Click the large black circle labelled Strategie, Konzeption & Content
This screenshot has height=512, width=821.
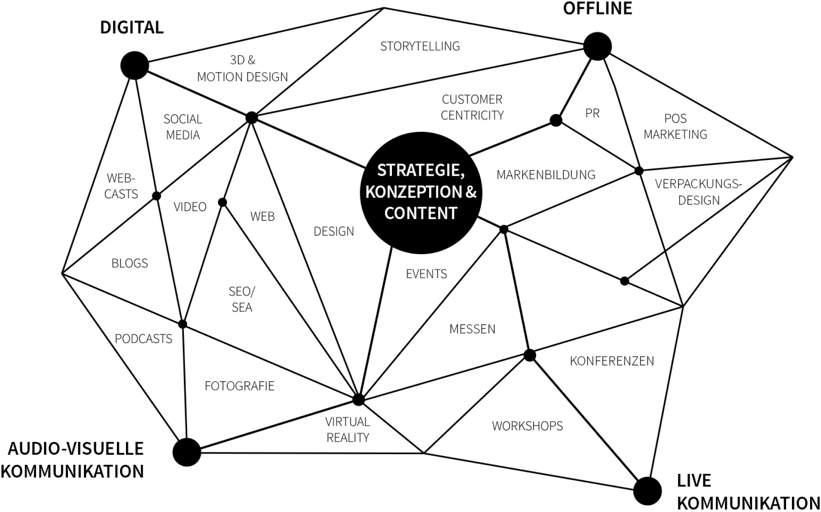[420, 192]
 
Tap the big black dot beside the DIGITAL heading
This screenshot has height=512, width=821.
[135, 65]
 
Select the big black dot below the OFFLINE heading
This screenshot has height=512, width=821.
[597, 46]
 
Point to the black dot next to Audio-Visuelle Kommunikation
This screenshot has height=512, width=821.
[187, 452]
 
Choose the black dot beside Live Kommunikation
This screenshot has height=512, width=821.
[647, 491]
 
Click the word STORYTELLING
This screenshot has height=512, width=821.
[420, 46]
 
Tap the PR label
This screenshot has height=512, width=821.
[592, 113]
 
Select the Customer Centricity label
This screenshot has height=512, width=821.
[472, 107]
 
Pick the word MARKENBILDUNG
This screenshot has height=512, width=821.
[546, 175]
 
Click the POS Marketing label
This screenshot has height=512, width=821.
[675, 126]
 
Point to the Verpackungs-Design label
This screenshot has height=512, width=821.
[698, 192]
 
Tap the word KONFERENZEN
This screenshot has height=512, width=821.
[612, 361]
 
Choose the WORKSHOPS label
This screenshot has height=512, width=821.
[527, 426]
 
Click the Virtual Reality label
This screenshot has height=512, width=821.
[348, 430]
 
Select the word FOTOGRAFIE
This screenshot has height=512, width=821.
[239, 386]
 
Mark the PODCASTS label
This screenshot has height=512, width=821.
[143, 339]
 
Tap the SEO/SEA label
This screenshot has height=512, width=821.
[241, 299]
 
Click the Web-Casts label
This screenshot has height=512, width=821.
[121, 186]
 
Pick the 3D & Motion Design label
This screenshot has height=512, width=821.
[242, 68]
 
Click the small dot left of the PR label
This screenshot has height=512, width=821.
[556, 120]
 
